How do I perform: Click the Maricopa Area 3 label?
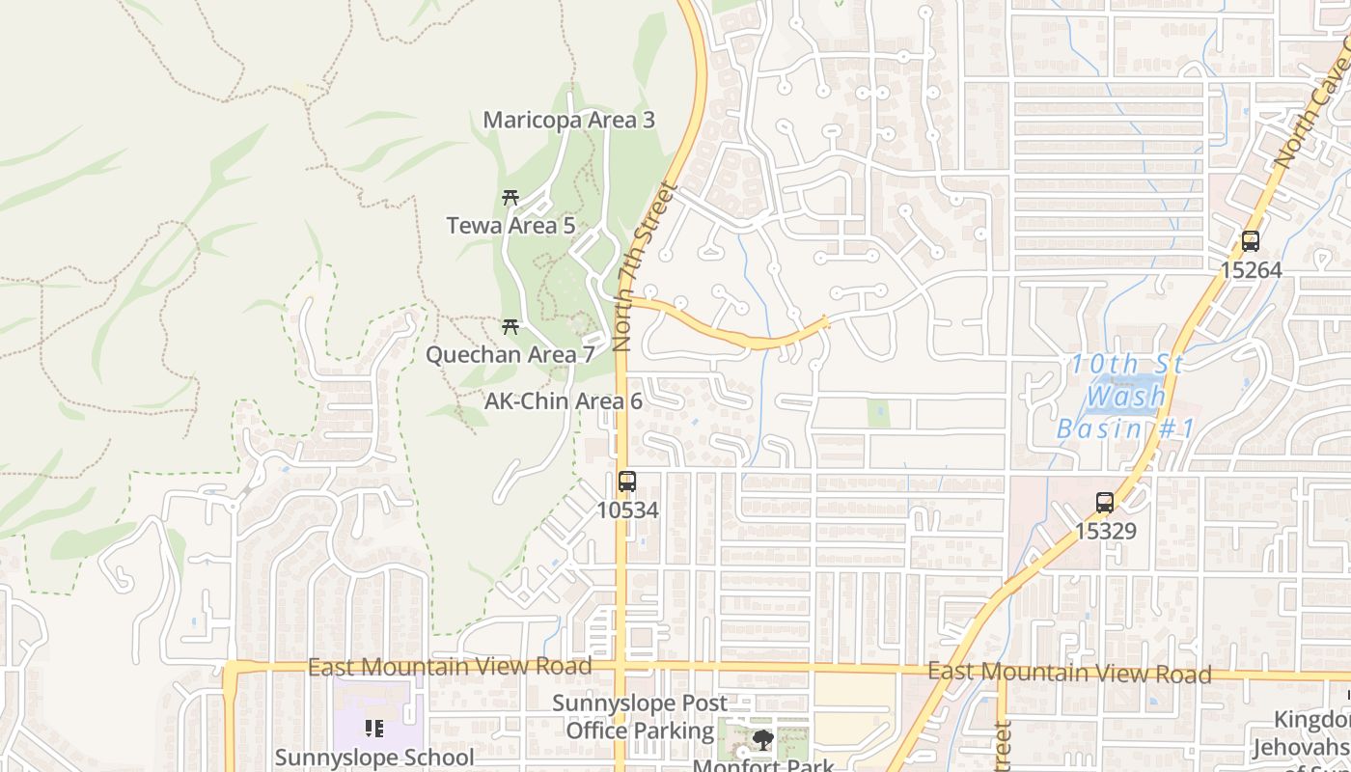coord(568,121)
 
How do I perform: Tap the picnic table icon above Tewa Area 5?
coord(510,198)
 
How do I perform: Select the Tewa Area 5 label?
coord(510,226)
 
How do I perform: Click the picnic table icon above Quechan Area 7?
coord(510,327)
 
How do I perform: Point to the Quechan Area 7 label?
coord(510,355)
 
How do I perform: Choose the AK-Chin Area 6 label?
coord(564,401)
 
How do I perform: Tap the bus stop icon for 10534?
coord(627,481)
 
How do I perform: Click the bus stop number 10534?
coord(627,510)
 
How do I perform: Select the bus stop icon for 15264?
coord(1251,241)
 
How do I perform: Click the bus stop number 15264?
coord(1251,270)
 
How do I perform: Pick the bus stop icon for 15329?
coord(1105,503)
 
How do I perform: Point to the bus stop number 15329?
coord(1106,531)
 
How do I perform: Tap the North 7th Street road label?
coord(646,266)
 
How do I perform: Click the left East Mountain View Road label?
coord(449,667)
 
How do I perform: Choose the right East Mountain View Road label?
coord(1069,673)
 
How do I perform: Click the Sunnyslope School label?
coord(374,758)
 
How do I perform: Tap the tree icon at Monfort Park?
coord(763,741)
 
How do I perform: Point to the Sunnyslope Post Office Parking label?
coord(640,717)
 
